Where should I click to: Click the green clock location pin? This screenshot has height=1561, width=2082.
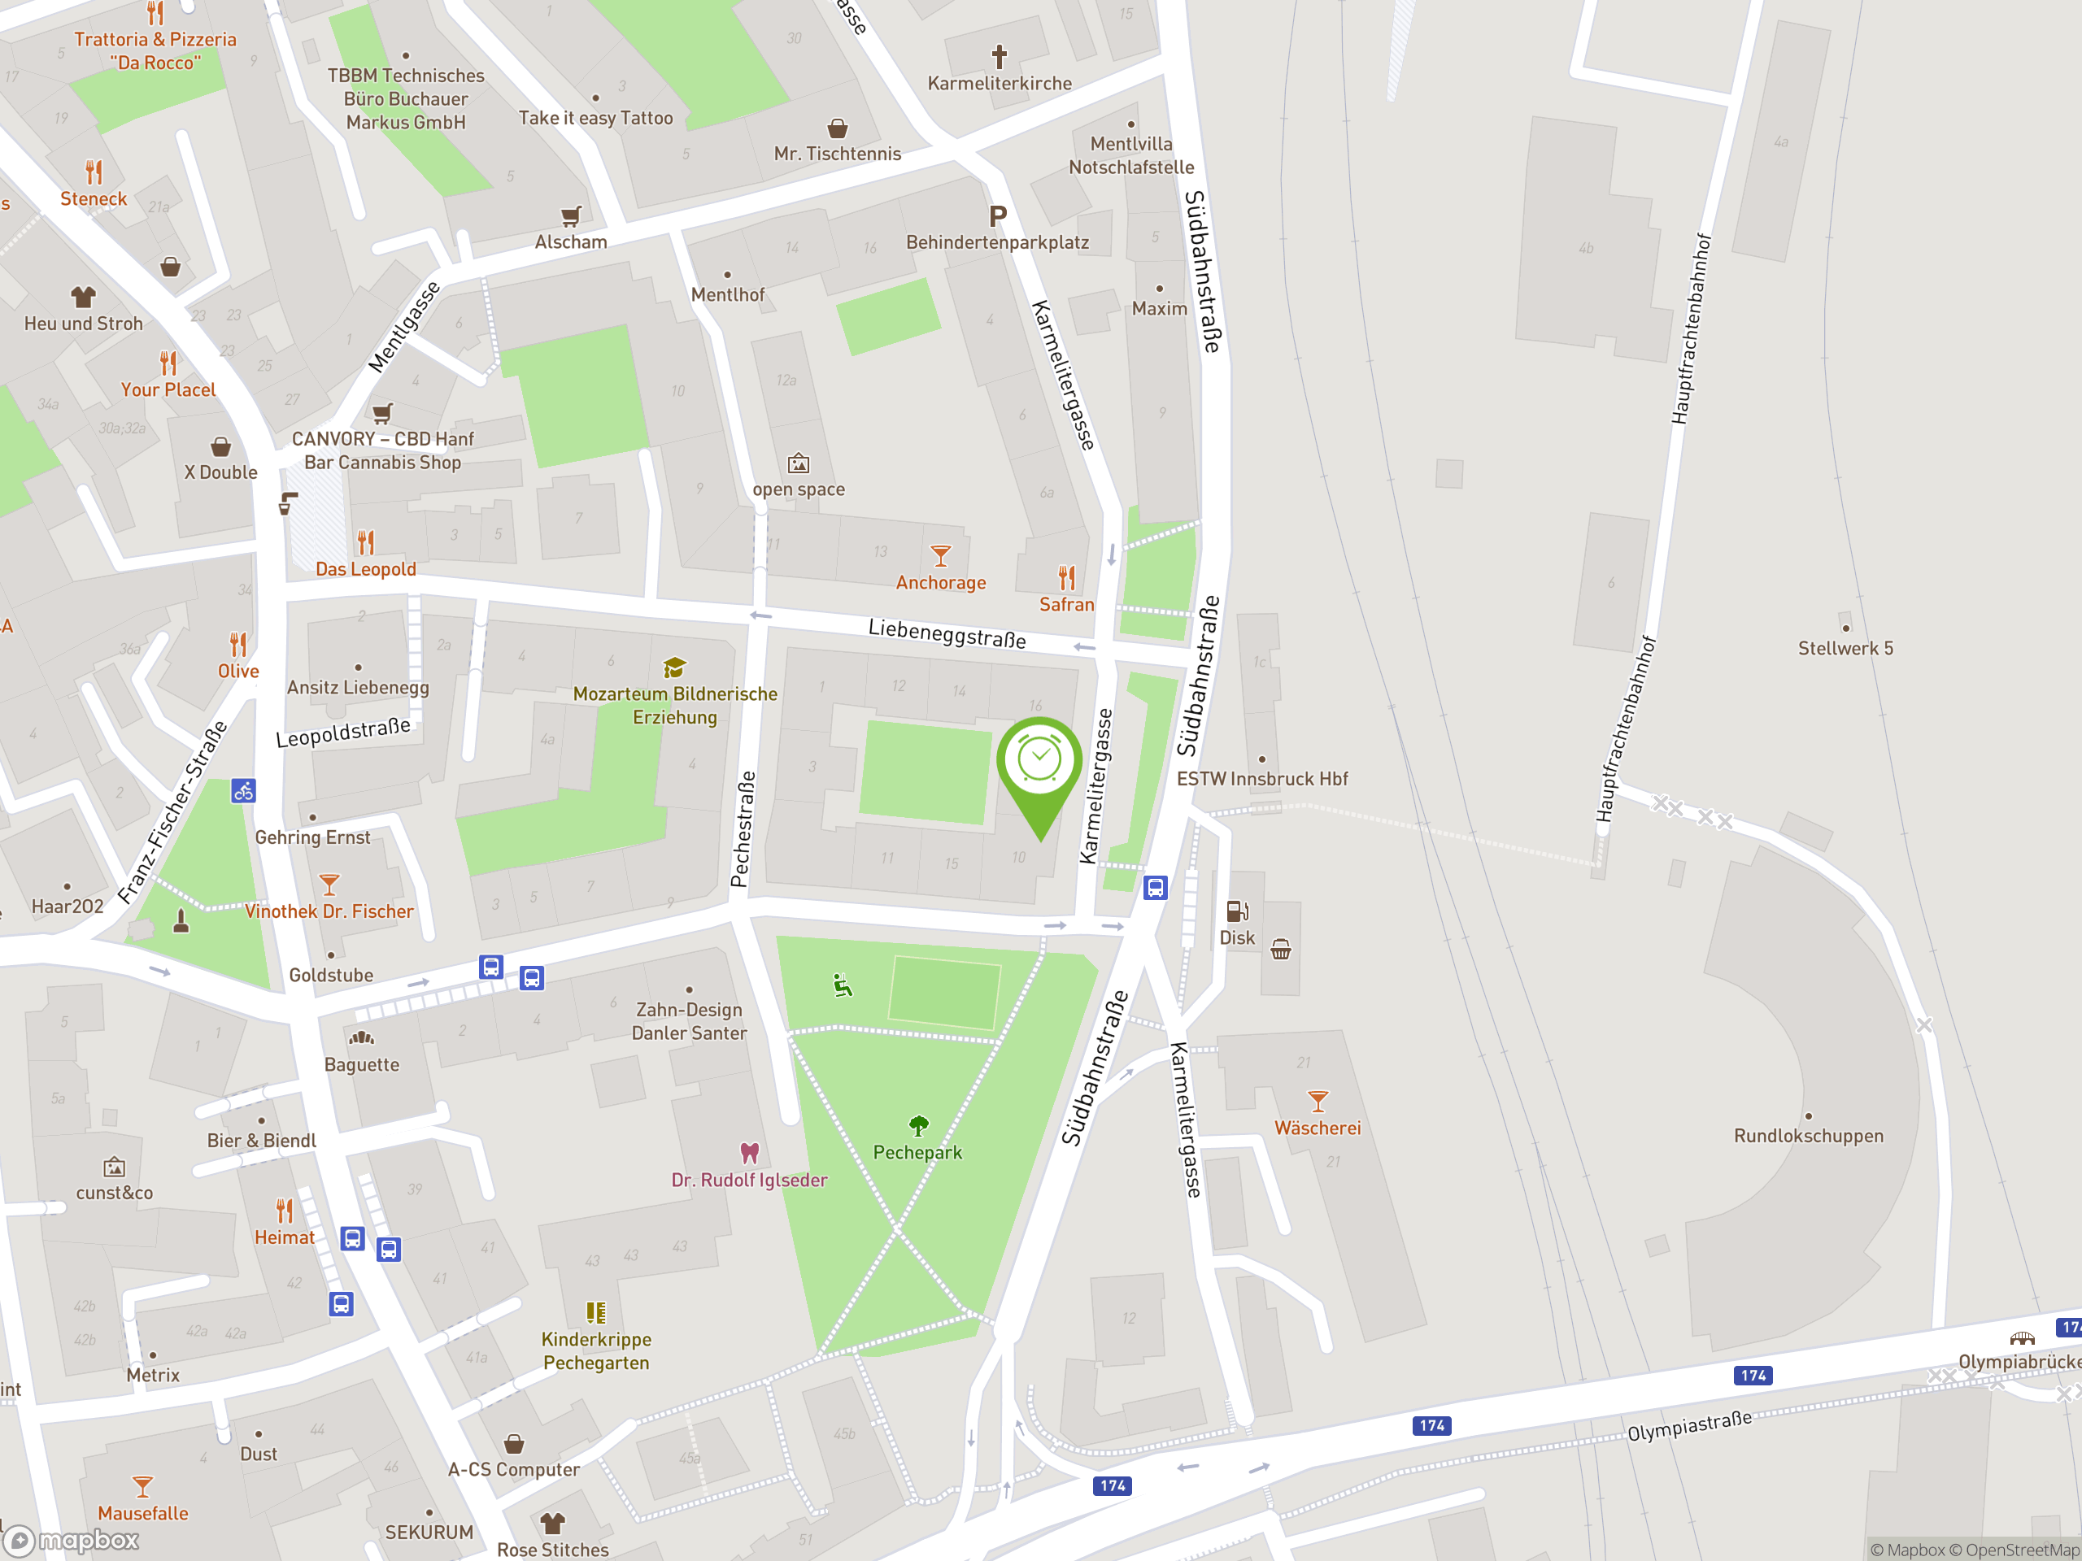pyautogui.click(x=1039, y=762)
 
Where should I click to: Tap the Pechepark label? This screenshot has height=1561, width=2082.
pyautogui.click(x=917, y=1153)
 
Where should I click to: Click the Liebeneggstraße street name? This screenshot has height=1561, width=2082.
pyautogui.click(x=946, y=634)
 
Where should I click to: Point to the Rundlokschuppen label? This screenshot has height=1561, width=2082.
pyautogui.click(x=1808, y=1136)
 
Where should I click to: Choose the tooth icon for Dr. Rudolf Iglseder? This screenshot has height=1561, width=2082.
pyautogui.click(x=749, y=1153)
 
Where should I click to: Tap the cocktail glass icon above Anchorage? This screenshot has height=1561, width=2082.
pyautogui.click(x=940, y=555)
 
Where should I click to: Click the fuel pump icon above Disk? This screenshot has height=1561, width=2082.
pyautogui.click(x=1237, y=911)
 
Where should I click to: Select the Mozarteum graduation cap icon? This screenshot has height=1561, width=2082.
pyautogui.click(x=674, y=668)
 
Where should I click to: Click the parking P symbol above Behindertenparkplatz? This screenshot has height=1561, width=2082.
pyautogui.click(x=998, y=216)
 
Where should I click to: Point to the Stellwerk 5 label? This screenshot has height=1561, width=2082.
pyautogui.click(x=1845, y=648)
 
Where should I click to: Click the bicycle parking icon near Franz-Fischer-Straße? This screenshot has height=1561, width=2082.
pyautogui.click(x=244, y=791)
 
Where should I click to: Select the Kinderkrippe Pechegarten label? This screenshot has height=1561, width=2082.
pyautogui.click(x=596, y=1351)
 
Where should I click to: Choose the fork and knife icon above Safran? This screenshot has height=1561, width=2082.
pyautogui.click(x=1066, y=576)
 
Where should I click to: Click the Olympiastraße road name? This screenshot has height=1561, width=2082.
pyautogui.click(x=1689, y=1424)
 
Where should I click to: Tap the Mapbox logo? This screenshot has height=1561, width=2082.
pyautogui.click(x=72, y=1541)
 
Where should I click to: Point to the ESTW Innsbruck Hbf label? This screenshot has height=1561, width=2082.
pyautogui.click(x=1261, y=779)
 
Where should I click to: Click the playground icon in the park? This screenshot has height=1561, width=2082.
pyautogui.click(x=843, y=985)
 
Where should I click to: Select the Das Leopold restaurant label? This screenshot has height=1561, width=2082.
pyautogui.click(x=365, y=569)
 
